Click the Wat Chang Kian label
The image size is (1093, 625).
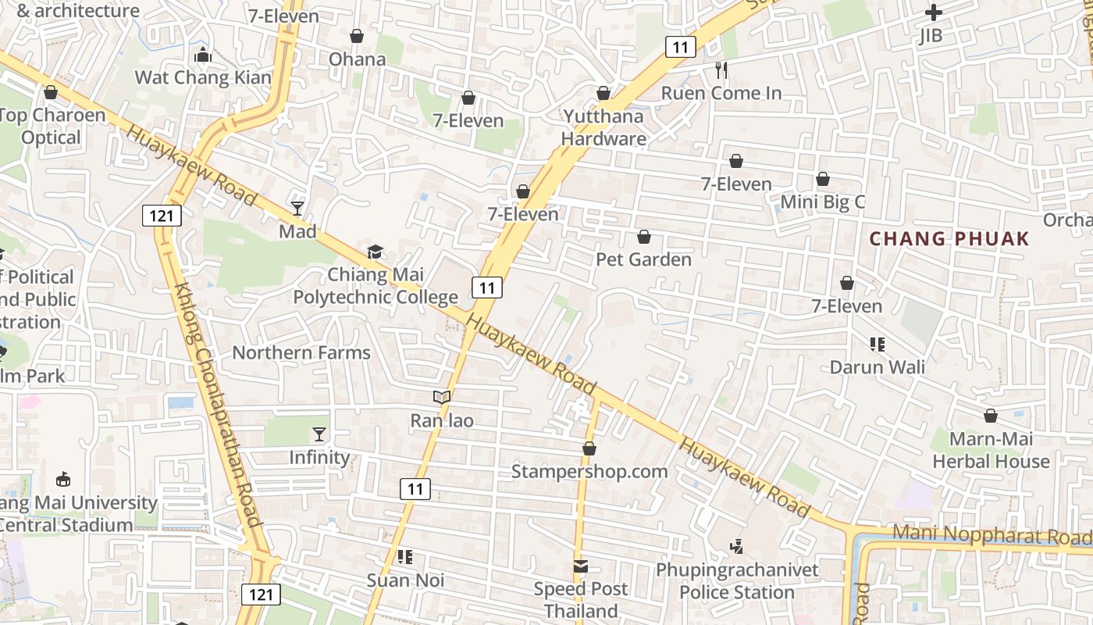[x=203, y=77]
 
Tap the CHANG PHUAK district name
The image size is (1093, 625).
[x=949, y=239]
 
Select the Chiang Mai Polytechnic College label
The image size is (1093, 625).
[x=376, y=286]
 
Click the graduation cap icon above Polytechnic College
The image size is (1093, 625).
[x=376, y=252]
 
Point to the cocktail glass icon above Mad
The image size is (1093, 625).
[x=297, y=208]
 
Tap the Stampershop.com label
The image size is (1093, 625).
[x=589, y=471]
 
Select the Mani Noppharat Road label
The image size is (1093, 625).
[x=992, y=536]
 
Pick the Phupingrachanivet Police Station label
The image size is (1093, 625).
[x=737, y=581]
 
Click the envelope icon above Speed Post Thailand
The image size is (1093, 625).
[x=581, y=566]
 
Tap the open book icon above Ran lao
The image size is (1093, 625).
[x=442, y=398]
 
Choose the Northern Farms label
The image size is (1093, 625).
[x=301, y=352]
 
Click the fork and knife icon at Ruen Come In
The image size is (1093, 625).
[x=721, y=70]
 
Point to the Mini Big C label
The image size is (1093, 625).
[x=823, y=202]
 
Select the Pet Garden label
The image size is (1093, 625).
[x=644, y=259]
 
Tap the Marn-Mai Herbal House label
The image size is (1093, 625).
[x=991, y=450]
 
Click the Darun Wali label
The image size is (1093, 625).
[x=878, y=367]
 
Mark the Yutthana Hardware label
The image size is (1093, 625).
[x=603, y=128]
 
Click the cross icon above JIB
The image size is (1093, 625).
[x=933, y=12]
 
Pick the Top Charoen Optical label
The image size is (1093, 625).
[x=52, y=127]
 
